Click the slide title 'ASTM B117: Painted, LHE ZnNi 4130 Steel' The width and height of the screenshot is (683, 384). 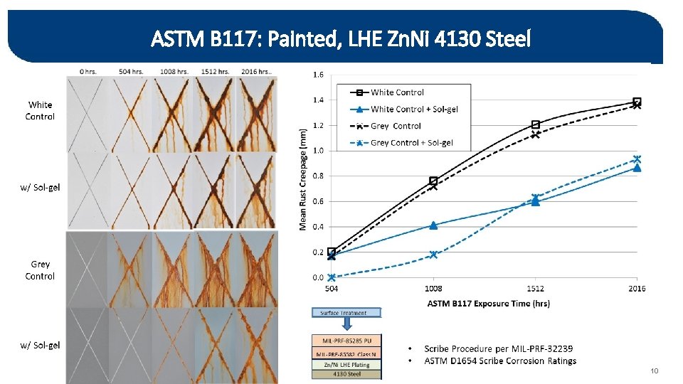pos(341,39)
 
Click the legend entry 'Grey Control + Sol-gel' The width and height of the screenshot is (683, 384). pos(411,142)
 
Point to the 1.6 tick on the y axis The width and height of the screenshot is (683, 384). pos(319,75)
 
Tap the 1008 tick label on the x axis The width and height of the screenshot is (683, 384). pos(433,289)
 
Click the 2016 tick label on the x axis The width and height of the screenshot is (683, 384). pos(637,289)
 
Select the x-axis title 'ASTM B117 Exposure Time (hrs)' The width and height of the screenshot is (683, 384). pos(488,304)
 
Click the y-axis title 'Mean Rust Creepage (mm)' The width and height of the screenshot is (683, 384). pos(303,178)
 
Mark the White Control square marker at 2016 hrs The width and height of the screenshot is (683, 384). pos(637,102)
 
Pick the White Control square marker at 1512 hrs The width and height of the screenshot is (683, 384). pos(535,124)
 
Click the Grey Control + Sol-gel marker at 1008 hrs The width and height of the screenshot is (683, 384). pos(433,255)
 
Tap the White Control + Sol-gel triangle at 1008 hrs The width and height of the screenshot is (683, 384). pos(433,225)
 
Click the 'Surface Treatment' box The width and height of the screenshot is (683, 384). pos(346,312)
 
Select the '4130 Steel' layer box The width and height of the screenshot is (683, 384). pos(346,374)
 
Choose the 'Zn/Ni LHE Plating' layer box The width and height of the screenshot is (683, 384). pos(346,365)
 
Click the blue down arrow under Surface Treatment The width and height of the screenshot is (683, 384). pos(346,324)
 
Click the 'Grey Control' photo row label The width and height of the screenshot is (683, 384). pos(40,270)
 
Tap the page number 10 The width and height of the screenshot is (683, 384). pos(655,371)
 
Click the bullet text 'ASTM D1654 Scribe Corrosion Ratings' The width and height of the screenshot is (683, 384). pos(500,361)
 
